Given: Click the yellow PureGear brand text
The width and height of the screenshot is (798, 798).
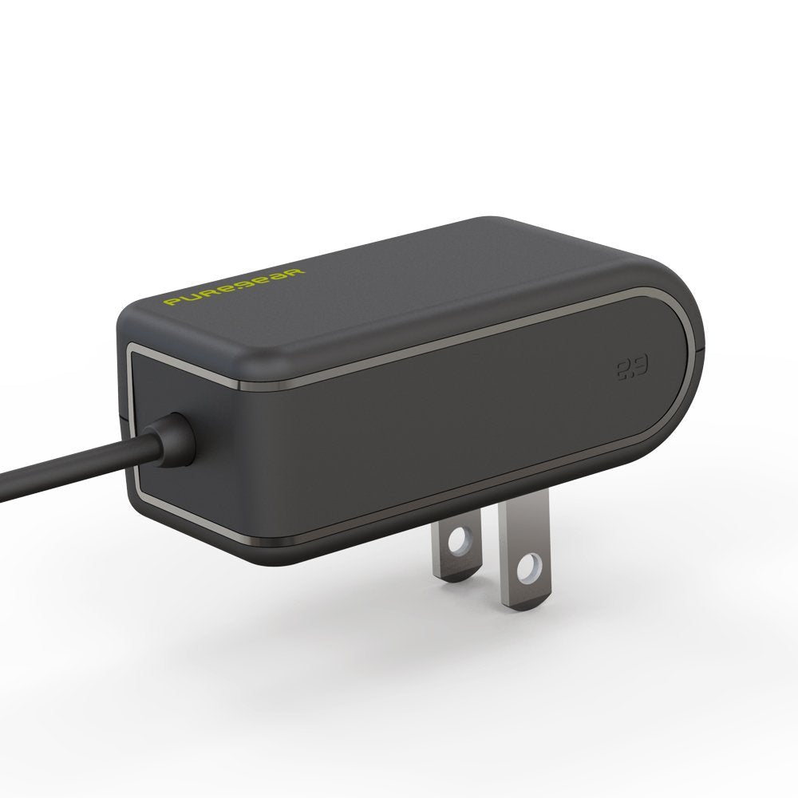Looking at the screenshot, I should click(x=234, y=286).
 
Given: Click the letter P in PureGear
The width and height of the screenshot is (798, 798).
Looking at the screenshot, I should click(x=170, y=302).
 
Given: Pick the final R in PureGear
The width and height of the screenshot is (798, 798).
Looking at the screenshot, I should click(x=297, y=272).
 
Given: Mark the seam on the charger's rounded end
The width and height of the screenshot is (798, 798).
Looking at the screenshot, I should click(x=701, y=349).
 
